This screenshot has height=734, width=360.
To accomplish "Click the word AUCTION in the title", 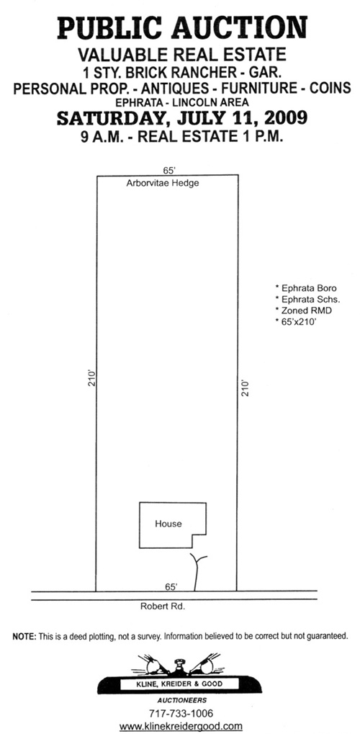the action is tap(239, 28).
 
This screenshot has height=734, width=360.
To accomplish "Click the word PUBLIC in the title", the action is tap(109, 28).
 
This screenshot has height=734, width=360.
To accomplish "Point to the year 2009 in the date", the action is tap(286, 117).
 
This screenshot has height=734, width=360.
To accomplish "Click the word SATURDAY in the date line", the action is tap(110, 118).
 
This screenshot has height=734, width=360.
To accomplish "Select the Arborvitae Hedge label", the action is tap(163, 183).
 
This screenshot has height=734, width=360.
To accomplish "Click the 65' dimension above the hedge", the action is tap(168, 171).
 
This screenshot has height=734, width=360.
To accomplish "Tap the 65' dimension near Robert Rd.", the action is tap(171, 586).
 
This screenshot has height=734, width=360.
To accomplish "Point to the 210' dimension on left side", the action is tap(92, 377).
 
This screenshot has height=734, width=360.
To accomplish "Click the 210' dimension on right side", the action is tap(245, 388).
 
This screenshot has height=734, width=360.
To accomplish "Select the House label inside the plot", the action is tap(168, 524).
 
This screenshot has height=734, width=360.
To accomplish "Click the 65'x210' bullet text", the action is tap(296, 321).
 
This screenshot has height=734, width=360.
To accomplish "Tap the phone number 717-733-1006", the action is tap(181, 714).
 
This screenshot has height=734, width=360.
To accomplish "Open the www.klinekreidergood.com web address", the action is tap(181, 727).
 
